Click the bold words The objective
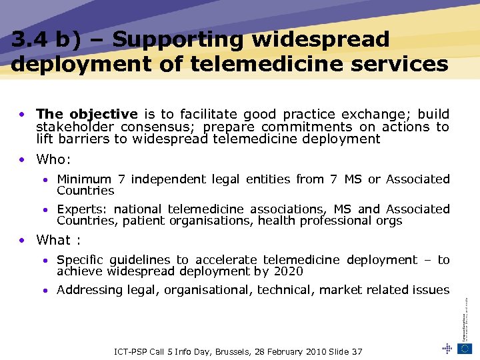pyautogui.click(x=87, y=114)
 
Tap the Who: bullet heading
pyautogui.click(x=53, y=159)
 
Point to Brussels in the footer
pyautogui.click(x=251, y=351)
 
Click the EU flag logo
pyautogui.click(x=465, y=347)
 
